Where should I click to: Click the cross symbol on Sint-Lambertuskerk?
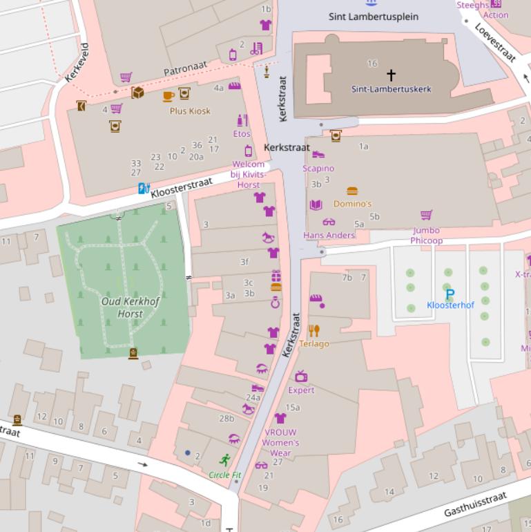[391, 75]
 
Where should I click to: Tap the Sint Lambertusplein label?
[374, 17]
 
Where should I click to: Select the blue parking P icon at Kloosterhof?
[450, 294]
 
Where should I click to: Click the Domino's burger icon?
[352, 191]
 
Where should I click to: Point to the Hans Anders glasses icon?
[329, 222]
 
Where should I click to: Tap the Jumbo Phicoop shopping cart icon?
[426, 215]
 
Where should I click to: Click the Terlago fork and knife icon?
[314, 331]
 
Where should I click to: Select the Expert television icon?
[301, 377]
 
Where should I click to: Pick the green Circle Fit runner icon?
[225, 459]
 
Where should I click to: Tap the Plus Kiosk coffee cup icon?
[168, 96]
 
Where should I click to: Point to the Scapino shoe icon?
[318, 155]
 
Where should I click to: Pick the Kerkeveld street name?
[77, 63]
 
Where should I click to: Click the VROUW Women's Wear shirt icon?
[280, 419]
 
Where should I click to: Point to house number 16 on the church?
[372, 64]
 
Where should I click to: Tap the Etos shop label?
[242, 133]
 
